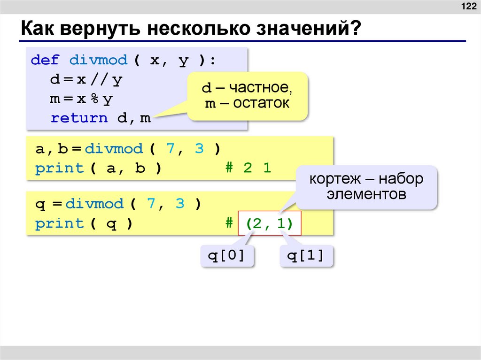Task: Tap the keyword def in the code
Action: [x=45, y=60]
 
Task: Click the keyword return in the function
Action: [x=79, y=118]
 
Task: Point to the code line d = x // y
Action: [x=86, y=80]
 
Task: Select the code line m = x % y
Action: [x=82, y=99]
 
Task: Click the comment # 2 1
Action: [x=248, y=168]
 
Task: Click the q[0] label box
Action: [x=227, y=256]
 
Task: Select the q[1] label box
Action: [x=306, y=256]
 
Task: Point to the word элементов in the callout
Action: [x=367, y=194]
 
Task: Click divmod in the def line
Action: [x=98, y=60]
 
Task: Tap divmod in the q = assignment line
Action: [x=94, y=204]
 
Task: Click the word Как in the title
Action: [x=36, y=31]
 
